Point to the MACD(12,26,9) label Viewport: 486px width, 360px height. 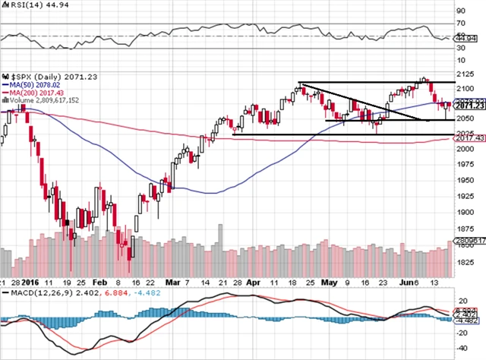point(26,293)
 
